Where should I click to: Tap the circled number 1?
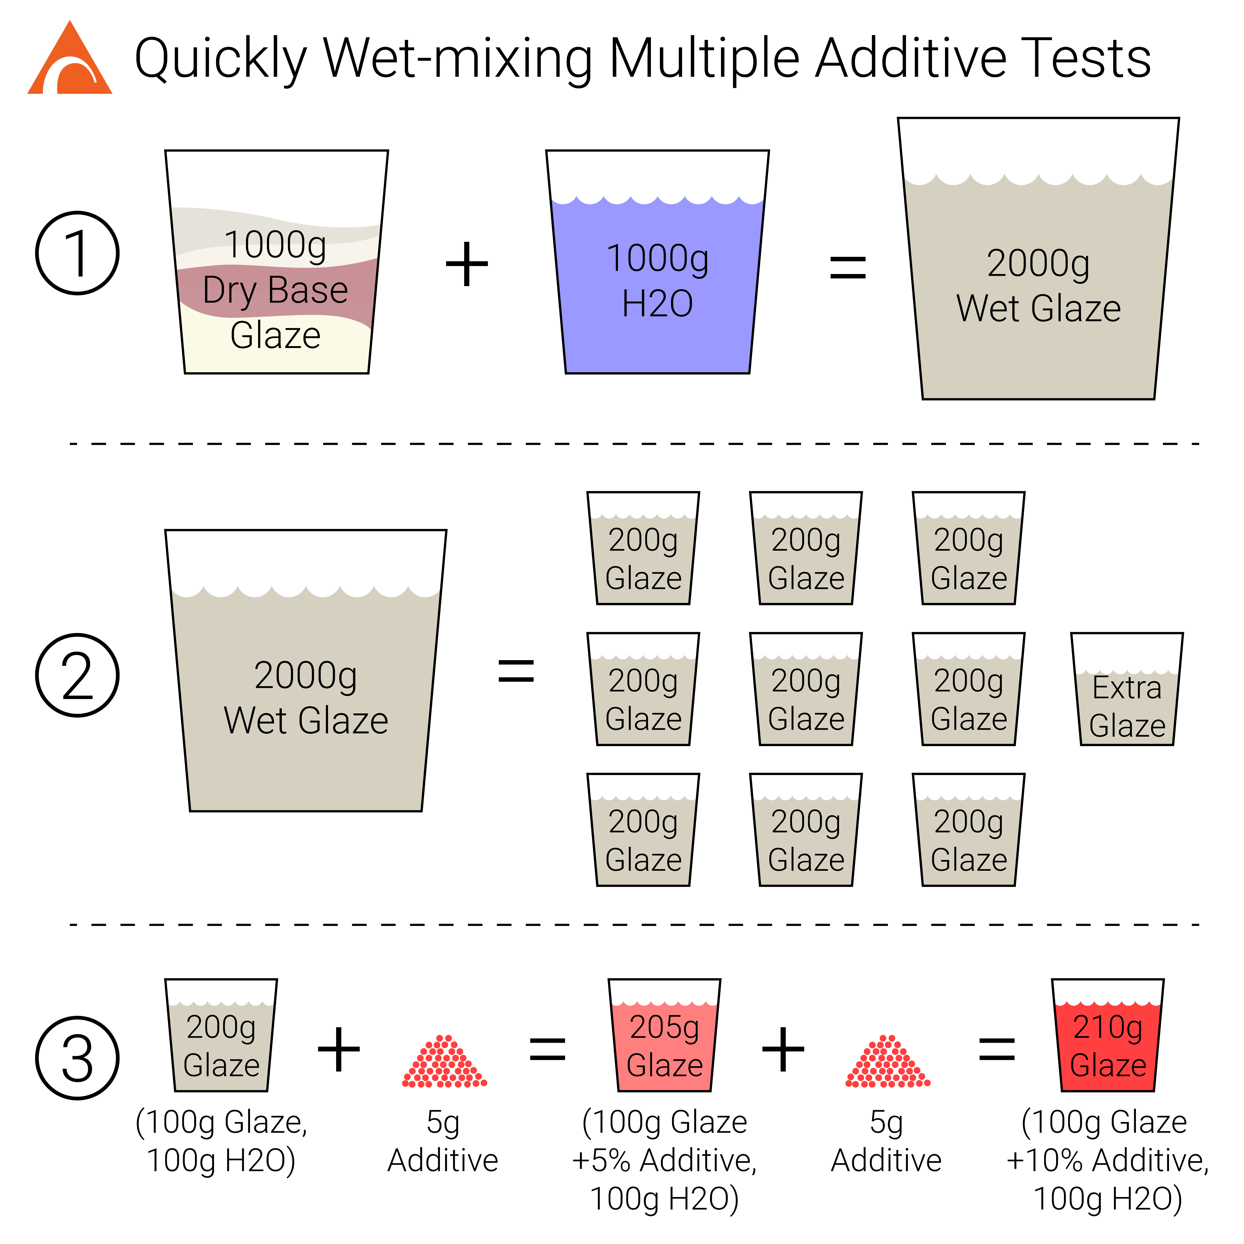pyautogui.click(x=77, y=253)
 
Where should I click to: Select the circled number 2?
pyautogui.click(x=77, y=675)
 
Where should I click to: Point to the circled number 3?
pyautogui.click(x=77, y=1058)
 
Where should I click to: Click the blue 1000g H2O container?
pyautogui.click(x=657, y=262)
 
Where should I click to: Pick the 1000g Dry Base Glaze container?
pyautogui.click(x=276, y=262)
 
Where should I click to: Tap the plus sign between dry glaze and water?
pyautogui.click(x=467, y=264)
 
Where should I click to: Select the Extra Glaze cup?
pyautogui.click(x=1127, y=689)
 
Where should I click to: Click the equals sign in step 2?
pyautogui.click(x=516, y=671)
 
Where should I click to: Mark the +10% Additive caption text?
pyautogui.click(x=1107, y=1160)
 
